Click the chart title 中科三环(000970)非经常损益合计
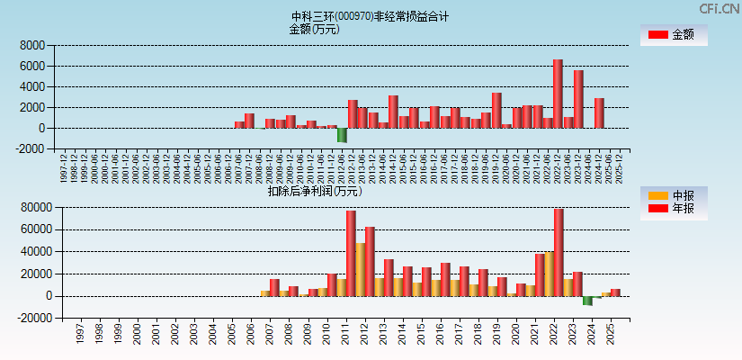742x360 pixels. pos(370,16)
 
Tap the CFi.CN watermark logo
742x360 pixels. pos(720,9)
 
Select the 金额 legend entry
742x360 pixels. pos(673,35)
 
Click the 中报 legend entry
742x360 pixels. pos(673,195)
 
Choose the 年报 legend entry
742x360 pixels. pos(673,209)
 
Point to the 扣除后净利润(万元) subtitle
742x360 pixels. pos(314,191)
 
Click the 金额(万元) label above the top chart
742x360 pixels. pos(314,29)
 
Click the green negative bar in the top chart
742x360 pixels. pos(342,135)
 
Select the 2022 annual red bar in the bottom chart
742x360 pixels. pos(559,252)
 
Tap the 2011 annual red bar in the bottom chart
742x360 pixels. pos(351,253)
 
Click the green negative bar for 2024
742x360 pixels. pos(587,301)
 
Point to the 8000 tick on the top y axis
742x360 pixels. pos(32,45)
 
